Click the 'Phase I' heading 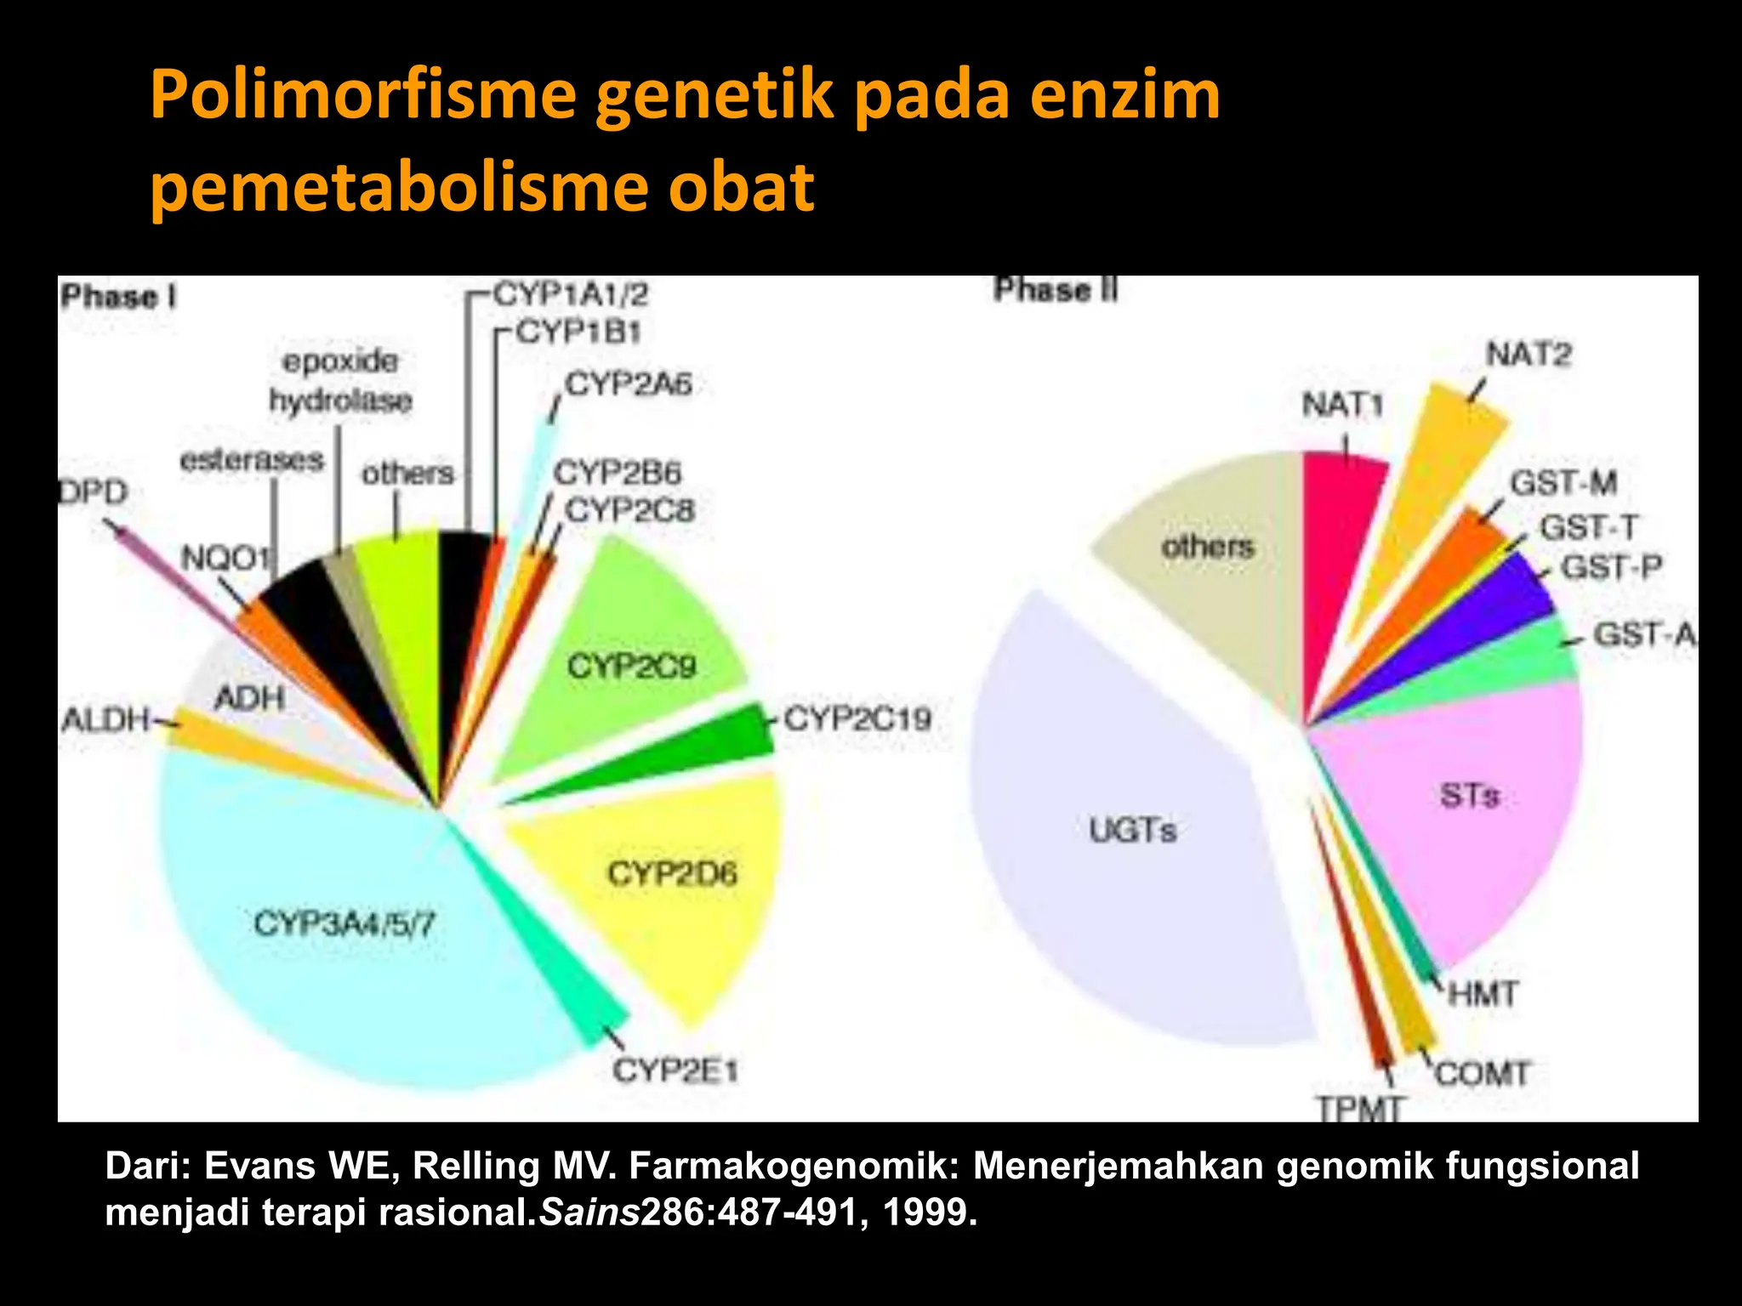pyautogui.click(x=119, y=297)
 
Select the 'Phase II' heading pyautogui.click(x=1056, y=290)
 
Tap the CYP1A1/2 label pyautogui.click(x=571, y=295)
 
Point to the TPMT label pyautogui.click(x=1359, y=1109)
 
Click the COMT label pyautogui.click(x=1483, y=1074)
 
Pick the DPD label pyautogui.click(x=94, y=492)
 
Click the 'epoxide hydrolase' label pyautogui.click(x=340, y=381)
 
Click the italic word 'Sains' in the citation pyautogui.click(x=589, y=1212)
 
